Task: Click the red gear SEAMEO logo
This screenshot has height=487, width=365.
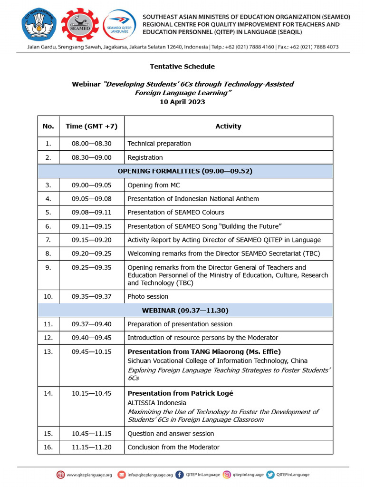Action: (80, 24)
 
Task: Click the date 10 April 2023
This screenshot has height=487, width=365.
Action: (182, 102)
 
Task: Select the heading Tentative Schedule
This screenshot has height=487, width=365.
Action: (182, 67)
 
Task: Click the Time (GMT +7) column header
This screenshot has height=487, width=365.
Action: (92, 127)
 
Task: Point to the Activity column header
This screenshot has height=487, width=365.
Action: (228, 127)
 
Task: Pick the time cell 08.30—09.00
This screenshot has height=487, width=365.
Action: (92, 157)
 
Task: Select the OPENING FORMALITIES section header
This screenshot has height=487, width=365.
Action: (185, 171)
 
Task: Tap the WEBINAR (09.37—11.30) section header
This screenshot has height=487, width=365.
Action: (185, 311)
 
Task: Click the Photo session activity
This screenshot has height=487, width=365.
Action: (148, 297)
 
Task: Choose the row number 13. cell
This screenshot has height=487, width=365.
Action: (48, 352)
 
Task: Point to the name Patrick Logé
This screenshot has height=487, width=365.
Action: (212, 393)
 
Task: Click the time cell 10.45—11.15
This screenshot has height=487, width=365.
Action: (92, 434)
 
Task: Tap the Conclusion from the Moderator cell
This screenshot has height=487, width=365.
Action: (173, 448)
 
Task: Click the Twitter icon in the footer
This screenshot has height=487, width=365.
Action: (270, 474)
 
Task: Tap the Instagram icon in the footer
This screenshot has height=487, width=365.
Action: (227, 474)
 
